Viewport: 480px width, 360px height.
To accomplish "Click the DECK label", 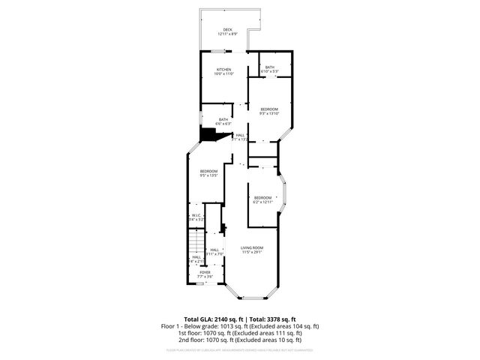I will pyautogui.click(x=227, y=31).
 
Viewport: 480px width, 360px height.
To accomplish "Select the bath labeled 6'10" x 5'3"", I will pyautogui.click(x=270, y=69).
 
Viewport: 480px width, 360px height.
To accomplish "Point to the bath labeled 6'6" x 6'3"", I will pyautogui.click(x=223, y=121).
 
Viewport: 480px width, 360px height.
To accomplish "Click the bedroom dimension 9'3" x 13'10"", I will pyautogui.click(x=269, y=114).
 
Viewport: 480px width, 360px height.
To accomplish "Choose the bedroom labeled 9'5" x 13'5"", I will pyautogui.click(x=208, y=174).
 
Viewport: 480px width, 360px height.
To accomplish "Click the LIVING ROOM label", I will pyautogui.click(x=251, y=250).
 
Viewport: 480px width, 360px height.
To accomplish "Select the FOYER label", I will pyautogui.click(x=205, y=274).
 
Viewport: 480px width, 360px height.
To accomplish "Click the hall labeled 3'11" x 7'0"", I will pyautogui.click(x=214, y=252).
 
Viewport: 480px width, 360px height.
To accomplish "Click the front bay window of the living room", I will pyautogui.click(x=251, y=298).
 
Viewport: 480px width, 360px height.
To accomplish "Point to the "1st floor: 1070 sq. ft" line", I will pyautogui.click(x=240, y=333).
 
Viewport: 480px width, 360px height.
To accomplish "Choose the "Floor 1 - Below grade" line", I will pyautogui.click(x=240, y=326).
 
